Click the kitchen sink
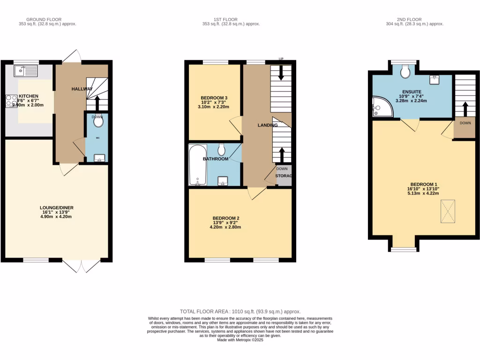[x=26, y=71]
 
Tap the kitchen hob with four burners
[x=11, y=101]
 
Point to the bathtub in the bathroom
[x=197, y=165]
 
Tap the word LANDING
[x=268, y=125]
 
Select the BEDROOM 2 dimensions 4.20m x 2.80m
[x=225, y=227]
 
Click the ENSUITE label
[x=412, y=91]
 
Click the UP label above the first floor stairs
[x=281, y=59]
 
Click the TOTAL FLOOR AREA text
[x=240, y=311]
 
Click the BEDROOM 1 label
[x=423, y=184]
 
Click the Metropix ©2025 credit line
[x=240, y=340]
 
